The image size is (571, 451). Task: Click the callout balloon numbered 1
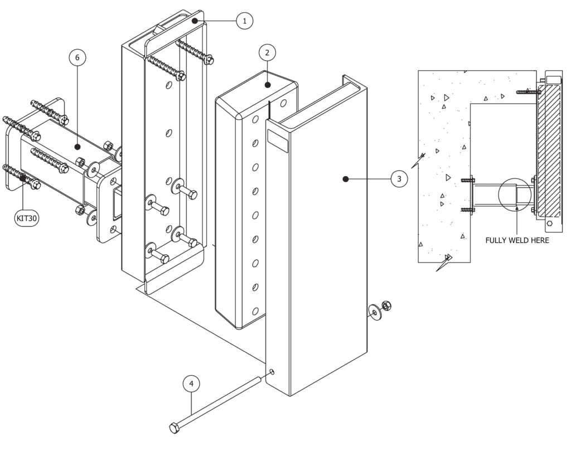point(244,21)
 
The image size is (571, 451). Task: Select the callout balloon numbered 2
point(267,53)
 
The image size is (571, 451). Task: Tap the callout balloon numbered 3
point(399,179)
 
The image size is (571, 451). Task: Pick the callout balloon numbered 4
point(191,384)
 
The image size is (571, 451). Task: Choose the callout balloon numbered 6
point(78,57)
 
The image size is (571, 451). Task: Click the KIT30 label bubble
point(26,219)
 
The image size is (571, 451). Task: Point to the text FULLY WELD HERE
point(517,240)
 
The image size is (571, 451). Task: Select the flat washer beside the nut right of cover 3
point(374,312)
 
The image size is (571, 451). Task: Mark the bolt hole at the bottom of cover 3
point(271,372)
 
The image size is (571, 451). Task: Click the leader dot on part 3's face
point(346,179)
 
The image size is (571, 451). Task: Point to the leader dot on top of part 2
point(268,85)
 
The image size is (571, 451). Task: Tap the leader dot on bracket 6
point(78,146)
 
